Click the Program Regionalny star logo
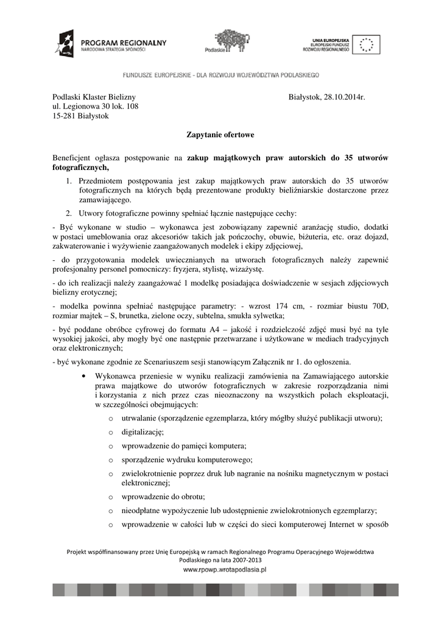[x=65, y=44]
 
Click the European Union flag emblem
[x=367, y=44]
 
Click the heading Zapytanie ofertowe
[x=220, y=133]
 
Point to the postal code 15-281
[x=65, y=116]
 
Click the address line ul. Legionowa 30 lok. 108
[x=96, y=107]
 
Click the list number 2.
[x=69, y=213]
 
